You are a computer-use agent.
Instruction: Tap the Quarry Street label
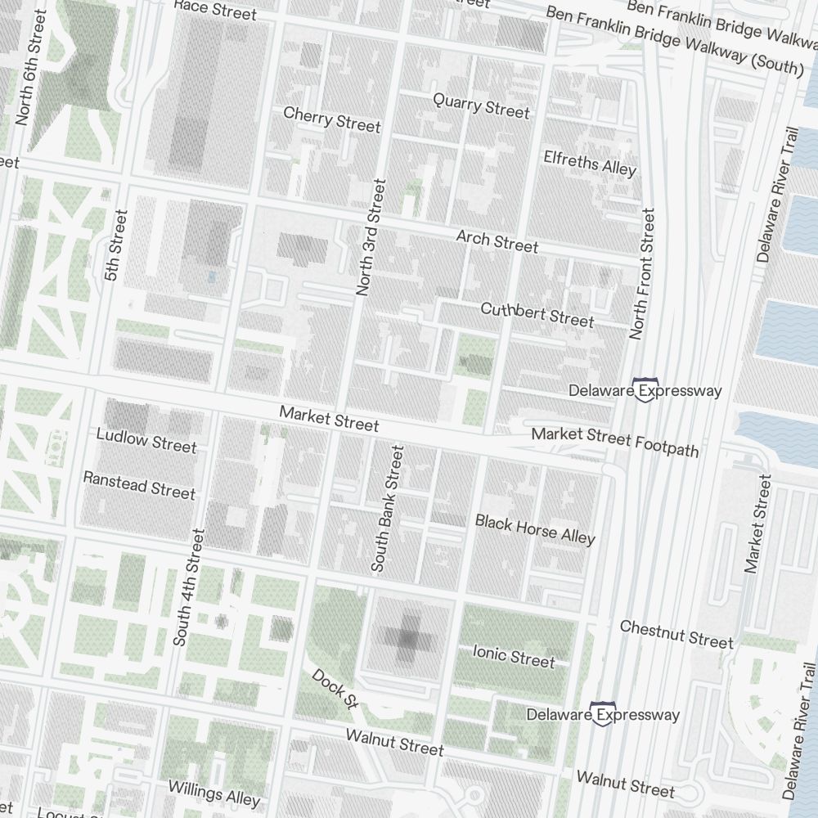pyautogui.click(x=481, y=104)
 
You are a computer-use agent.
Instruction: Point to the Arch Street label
pyautogui.click(x=497, y=241)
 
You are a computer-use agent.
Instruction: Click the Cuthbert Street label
pyautogui.click(x=537, y=314)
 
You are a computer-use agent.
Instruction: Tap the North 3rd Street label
pyautogui.click(x=369, y=236)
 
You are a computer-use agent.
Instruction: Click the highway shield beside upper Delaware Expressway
pyautogui.click(x=649, y=389)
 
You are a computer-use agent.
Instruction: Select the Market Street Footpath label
pyautogui.click(x=615, y=442)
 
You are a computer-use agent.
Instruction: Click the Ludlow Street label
pyautogui.click(x=146, y=439)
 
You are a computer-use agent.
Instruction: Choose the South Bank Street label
pyautogui.click(x=388, y=508)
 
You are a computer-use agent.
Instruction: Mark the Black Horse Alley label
pyautogui.click(x=535, y=528)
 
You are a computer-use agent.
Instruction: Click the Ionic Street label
pyautogui.click(x=514, y=655)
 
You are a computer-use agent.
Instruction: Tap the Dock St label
pyautogui.click(x=335, y=689)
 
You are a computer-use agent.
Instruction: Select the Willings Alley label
pyautogui.click(x=213, y=793)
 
